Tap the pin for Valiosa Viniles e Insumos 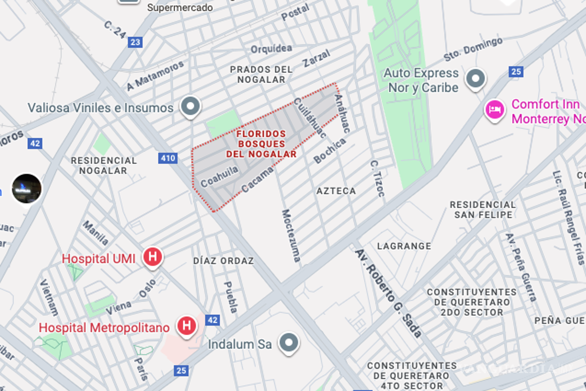190,106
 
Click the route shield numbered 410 167,158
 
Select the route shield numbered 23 135,42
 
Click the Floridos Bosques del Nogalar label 261,144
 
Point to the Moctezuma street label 291,236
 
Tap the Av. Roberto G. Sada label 388,293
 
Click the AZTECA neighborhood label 336,191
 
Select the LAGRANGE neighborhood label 404,246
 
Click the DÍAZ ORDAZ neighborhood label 224,261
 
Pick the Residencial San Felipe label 482,210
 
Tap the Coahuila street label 220,176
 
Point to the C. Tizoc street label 377,178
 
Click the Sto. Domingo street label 473,49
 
